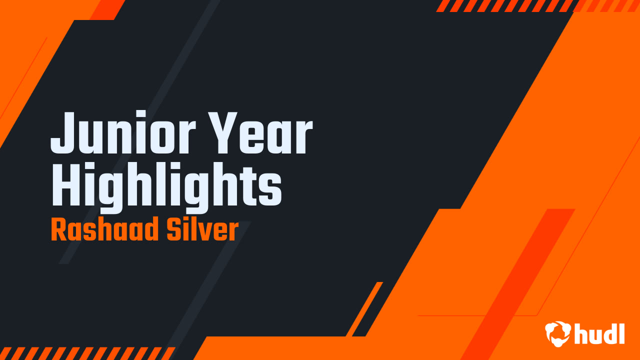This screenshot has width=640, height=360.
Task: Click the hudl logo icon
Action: [557, 333]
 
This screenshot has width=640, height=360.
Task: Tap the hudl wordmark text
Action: [600, 333]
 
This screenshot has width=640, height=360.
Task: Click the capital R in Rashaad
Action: [59, 230]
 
